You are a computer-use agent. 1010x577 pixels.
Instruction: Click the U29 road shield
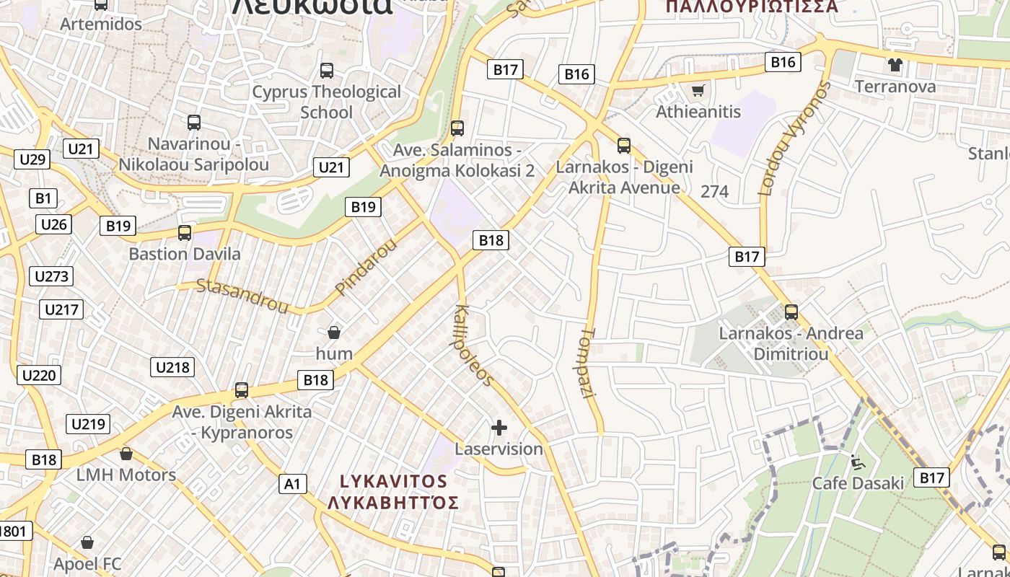point(32,159)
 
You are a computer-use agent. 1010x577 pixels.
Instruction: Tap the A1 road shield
point(293,483)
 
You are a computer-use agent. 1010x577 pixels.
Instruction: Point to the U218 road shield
point(173,367)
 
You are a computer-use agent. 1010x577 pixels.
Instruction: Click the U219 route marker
point(89,423)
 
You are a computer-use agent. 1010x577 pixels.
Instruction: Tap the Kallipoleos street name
point(473,345)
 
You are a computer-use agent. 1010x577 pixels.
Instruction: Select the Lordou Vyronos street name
point(794,138)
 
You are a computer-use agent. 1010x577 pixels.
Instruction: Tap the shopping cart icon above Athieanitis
point(698,91)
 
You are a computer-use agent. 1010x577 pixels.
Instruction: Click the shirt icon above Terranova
point(895,65)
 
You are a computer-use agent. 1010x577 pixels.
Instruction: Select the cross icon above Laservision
point(499,428)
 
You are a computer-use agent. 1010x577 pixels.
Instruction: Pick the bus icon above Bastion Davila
point(185,233)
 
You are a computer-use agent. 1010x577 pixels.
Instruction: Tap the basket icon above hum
point(334,332)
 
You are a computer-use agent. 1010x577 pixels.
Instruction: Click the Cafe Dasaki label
point(858,483)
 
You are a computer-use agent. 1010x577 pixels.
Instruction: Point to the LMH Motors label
point(126,475)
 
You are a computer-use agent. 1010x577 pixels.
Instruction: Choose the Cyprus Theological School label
point(326,102)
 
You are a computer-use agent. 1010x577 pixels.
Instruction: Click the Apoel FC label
point(87,563)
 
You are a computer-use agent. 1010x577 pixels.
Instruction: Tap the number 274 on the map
point(714,191)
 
